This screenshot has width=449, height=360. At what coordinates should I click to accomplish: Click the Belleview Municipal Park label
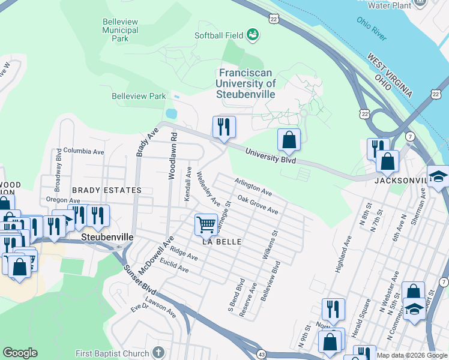(120, 30)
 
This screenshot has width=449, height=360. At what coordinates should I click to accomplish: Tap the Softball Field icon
(253, 35)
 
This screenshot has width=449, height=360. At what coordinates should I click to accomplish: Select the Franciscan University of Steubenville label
(246, 85)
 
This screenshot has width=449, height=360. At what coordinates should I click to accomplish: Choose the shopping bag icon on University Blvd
(289, 140)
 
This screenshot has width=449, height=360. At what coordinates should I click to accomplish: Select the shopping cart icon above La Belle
(206, 224)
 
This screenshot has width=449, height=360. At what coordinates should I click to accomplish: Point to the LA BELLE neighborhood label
(221, 242)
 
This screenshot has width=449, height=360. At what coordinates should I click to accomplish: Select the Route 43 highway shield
(261, 355)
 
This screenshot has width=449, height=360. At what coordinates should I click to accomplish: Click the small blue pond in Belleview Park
(171, 113)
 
